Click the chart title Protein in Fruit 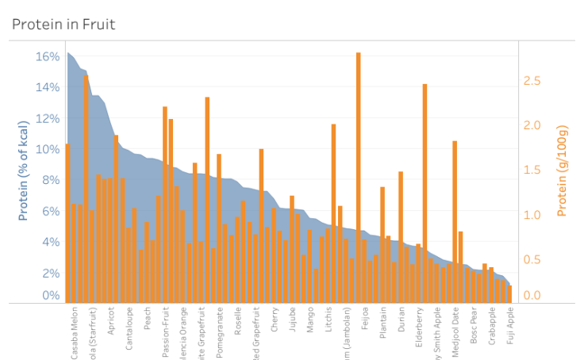point(63,25)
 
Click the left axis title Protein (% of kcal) point(24,170)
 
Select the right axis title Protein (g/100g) point(562,170)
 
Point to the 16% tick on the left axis point(48,57)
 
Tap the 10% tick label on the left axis point(48,150)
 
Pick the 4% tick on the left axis point(50,243)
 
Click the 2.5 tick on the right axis point(532,81)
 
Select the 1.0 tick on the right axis point(532,215)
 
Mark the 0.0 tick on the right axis point(532,296)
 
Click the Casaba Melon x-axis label point(75,334)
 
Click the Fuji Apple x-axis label point(510,328)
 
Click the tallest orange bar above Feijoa point(359,159)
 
